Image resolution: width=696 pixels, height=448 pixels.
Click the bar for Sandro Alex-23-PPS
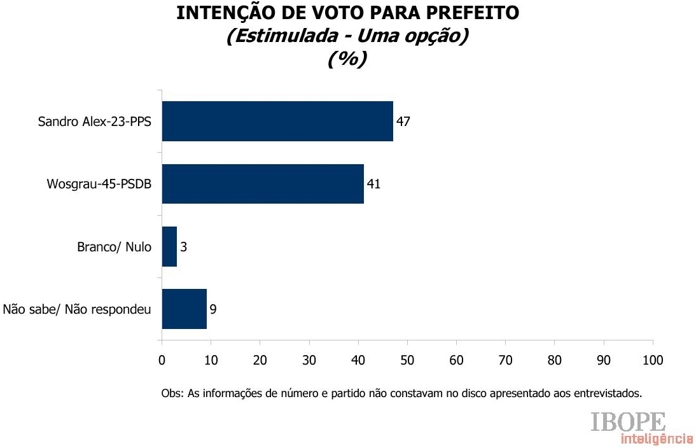(277, 121)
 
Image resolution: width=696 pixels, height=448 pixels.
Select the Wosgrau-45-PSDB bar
(263, 184)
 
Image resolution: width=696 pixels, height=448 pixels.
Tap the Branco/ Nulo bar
(169, 246)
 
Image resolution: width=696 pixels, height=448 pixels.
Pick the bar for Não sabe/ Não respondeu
(184, 309)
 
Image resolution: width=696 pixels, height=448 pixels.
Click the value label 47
(403, 121)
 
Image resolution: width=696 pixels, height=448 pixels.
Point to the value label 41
(373, 184)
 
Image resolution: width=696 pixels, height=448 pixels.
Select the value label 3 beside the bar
(183, 247)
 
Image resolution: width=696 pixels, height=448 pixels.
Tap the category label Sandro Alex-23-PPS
(95, 122)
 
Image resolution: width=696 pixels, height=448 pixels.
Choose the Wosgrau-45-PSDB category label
(99, 184)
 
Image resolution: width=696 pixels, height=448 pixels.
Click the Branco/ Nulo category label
(114, 247)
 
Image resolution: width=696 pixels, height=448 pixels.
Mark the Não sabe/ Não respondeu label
(77, 310)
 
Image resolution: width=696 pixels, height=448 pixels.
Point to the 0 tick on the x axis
(162, 360)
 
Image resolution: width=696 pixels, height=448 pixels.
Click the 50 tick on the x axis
(407, 360)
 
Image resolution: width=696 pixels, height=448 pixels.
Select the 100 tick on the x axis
(653, 360)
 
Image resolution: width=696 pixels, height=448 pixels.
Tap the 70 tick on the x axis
(505, 360)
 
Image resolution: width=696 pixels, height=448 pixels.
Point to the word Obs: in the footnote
(172, 393)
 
